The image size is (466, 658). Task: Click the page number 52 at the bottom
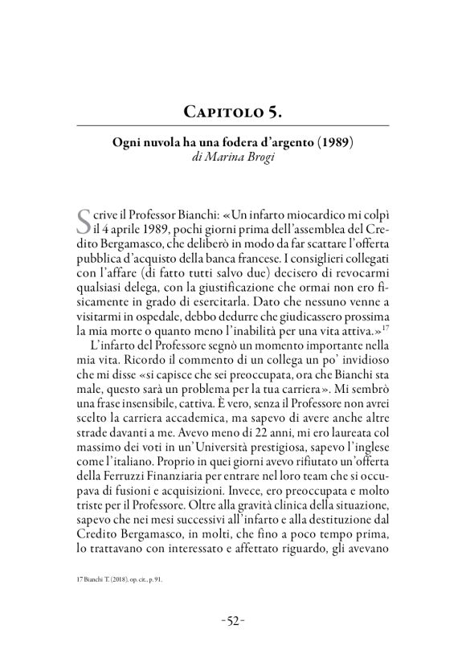[232, 621]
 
